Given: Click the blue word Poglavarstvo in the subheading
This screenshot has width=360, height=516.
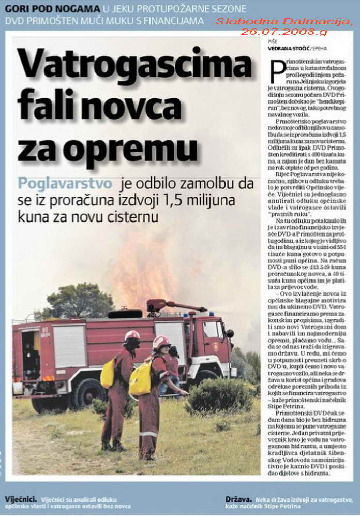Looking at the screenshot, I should pyautogui.click(x=65, y=184).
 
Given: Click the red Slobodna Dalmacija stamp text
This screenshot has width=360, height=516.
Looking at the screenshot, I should pyautogui.click(x=284, y=22).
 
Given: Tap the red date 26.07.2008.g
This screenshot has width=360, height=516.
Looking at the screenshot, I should pyautogui.click(x=284, y=32).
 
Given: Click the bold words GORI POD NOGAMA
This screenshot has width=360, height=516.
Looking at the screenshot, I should pyautogui.click(x=53, y=9).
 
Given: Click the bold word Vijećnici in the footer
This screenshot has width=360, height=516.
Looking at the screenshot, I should pyautogui.click(x=20, y=499).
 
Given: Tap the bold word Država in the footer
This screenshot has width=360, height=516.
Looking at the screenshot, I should pyautogui.click(x=238, y=499).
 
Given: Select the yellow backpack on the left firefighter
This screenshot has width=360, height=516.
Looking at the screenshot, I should pyautogui.click(x=108, y=373).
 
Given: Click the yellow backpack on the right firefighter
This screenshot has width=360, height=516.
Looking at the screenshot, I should pyautogui.click(x=140, y=378).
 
